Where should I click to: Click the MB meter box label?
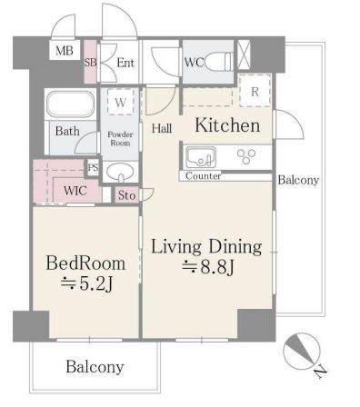[65, 51]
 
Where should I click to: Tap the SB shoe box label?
[90, 63]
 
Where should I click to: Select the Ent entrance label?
[125, 63]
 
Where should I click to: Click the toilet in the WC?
[219, 62]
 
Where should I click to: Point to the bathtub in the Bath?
[70, 104]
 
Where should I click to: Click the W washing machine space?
[120, 103]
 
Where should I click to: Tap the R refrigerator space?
[255, 91]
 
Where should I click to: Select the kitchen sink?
[201, 157]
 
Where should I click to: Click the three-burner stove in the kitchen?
[246, 156]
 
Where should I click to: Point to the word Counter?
[203, 176]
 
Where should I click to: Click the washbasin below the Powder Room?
[121, 172]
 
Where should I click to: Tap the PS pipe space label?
[93, 167]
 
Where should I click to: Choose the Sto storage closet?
[126, 195]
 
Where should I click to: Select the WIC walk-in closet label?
[75, 191]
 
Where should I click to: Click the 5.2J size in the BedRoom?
[87, 283]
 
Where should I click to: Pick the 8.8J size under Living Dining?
[208, 267]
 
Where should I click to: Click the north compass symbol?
[303, 352]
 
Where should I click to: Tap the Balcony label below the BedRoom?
[95, 367]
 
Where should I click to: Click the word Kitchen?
[227, 125]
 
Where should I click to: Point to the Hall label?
[162, 128]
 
